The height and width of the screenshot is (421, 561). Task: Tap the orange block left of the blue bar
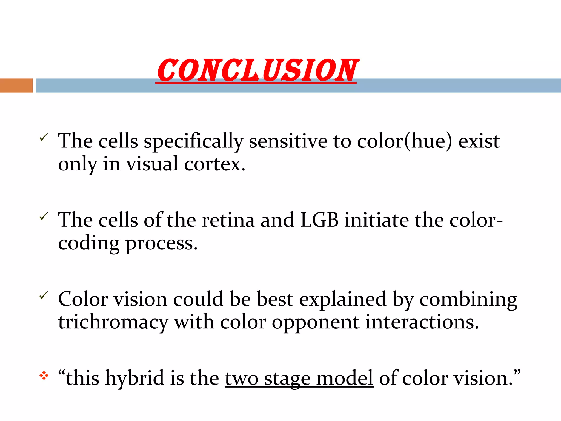coord(16,86)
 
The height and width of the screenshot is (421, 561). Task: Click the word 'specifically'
coord(193,141)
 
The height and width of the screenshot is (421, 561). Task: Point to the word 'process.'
coord(161,244)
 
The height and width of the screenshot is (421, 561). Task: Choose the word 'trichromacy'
coord(113,323)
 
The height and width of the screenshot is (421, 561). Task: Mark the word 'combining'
coord(468,300)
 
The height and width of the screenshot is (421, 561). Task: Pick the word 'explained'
coord(343,300)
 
